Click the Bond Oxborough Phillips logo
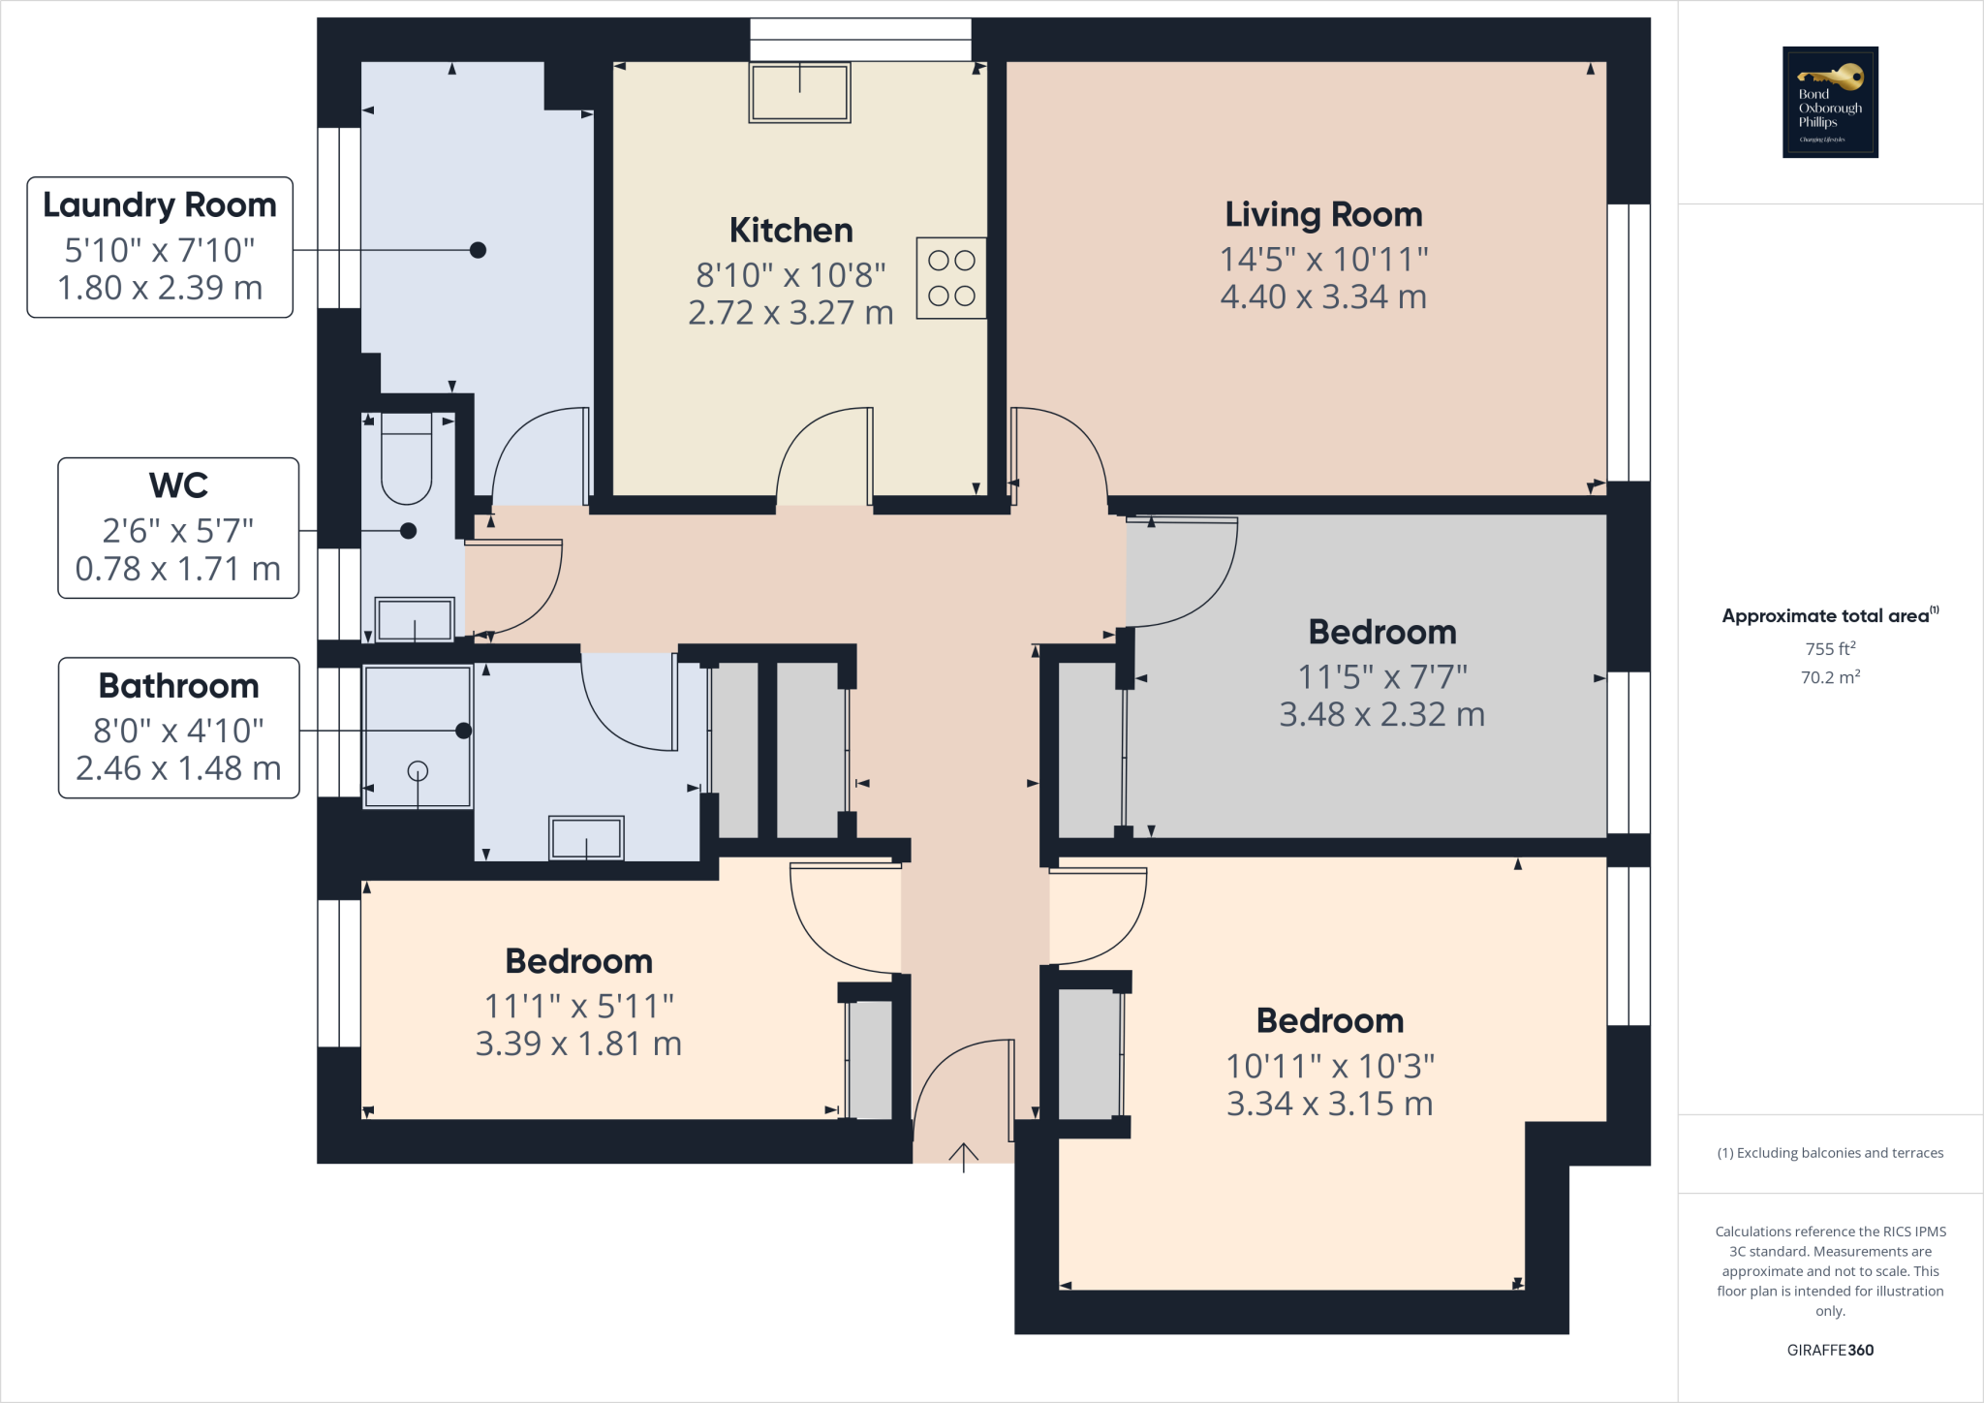coord(1830,102)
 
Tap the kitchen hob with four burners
coord(951,278)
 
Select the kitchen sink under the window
coord(799,93)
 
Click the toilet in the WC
coord(406,458)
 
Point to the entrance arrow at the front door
coord(963,1156)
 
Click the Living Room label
coord(1323,214)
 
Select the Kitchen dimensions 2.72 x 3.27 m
coord(790,313)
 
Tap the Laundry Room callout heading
coord(160,205)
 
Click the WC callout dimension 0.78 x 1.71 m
coord(178,569)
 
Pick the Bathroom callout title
coord(178,686)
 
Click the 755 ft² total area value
coord(1830,648)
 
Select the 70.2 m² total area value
coord(1830,677)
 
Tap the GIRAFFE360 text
coord(1830,1350)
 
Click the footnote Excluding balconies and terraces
coord(1830,1153)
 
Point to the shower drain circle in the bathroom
coord(418,771)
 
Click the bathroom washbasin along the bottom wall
coord(586,838)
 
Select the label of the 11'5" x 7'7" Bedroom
coord(1382,632)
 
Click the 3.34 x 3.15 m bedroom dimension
coord(1329,1104)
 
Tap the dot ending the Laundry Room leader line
coord(478,250)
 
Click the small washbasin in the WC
coord(415,619)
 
